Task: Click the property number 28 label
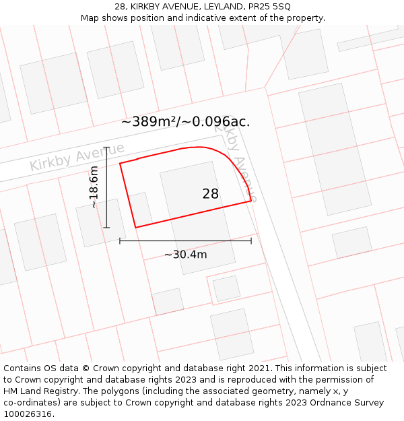point(210,194)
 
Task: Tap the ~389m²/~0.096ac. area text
point(185,122)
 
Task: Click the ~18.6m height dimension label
point(94,187)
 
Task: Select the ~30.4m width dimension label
point(185,255)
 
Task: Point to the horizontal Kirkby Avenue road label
point(77,156)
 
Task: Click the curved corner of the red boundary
point(232,162)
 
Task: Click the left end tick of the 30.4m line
point(120,240)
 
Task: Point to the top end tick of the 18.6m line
point(106,147)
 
